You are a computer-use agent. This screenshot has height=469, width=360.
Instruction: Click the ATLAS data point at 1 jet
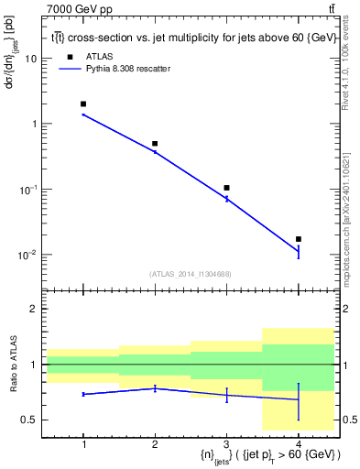[x=83, y=104]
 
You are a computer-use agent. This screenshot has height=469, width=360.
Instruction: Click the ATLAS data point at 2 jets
[x=155, y=144]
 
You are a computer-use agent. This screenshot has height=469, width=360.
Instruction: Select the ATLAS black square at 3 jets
[x=226, y=188]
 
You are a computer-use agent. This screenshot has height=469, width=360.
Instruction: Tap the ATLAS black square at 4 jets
[x=298, y=239]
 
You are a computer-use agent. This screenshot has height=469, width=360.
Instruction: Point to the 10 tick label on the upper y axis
[x=31, y=58]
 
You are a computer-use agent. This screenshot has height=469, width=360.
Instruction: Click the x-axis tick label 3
[x=226, y=444]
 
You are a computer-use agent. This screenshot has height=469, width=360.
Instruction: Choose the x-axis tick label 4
[x=298, y=444]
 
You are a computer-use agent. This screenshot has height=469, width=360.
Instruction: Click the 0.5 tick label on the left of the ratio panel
[x=29, y=420]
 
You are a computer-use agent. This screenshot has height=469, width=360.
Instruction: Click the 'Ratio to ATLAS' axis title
[x=12, y=365]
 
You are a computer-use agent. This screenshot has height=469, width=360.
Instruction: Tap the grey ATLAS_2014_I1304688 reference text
[x=191, y=274]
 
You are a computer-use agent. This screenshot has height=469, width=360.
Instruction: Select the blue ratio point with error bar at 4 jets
[x=298, y=399]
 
